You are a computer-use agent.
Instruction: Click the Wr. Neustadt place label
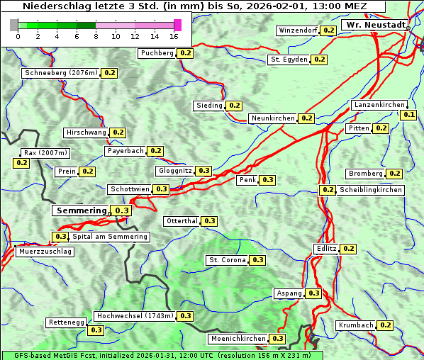tap(375, 25)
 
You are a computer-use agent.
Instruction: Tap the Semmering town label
tap(82, 210)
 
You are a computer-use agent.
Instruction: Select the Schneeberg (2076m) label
tap(60, 73)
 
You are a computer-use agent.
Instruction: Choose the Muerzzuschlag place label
tap(45, 252)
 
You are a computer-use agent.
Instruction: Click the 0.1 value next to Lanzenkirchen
tap(408, 115)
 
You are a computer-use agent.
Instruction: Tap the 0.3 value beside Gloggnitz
tap(203, 171)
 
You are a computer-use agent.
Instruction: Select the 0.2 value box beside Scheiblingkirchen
tap(328, 190)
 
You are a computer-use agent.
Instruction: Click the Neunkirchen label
tap(273, 118)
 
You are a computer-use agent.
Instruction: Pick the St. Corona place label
tap(227, 260)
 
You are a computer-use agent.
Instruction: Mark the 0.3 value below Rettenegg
tap(96, 330)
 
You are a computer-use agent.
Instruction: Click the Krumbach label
tap(355, 325)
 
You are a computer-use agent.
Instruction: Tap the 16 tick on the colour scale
tap(174, 37)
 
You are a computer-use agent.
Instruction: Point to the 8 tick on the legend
tap(96, 37)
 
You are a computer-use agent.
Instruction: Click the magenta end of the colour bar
tap(177, 26)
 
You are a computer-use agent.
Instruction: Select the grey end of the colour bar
tap(14, 26)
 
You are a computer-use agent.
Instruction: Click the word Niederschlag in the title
tap(50, 6)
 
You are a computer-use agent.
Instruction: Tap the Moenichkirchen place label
tap(238, 339)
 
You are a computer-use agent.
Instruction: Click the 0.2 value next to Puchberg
tap(185, 53)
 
